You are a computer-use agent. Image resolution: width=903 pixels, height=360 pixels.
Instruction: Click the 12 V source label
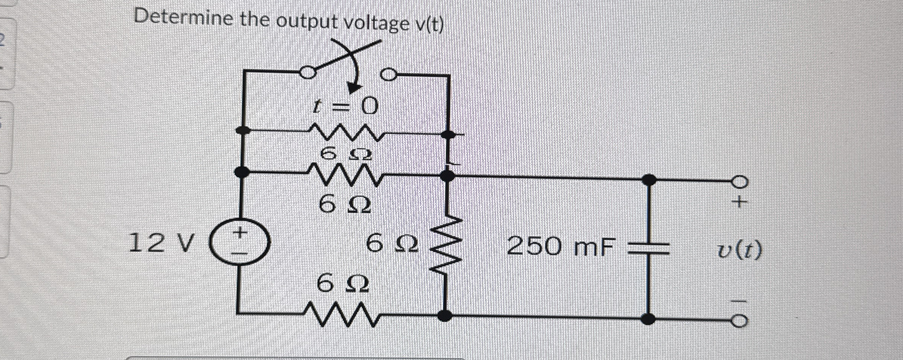[x=161, y=243]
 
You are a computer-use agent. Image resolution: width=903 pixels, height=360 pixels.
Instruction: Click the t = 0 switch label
[x=345, y=106]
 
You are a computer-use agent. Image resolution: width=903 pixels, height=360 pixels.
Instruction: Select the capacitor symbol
[x=649, y=248]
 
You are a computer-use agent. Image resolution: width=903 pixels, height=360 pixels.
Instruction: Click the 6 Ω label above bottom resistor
[x=342, y=284]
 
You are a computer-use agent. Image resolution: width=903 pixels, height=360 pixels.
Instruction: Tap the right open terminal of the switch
[x=389, y=75]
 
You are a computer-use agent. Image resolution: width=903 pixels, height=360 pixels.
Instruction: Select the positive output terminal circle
[x=740, y=182]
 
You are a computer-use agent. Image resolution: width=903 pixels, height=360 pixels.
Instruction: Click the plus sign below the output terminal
[x=739, y=202]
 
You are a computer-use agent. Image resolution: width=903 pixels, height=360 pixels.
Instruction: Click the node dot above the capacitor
[x=649, y=179]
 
